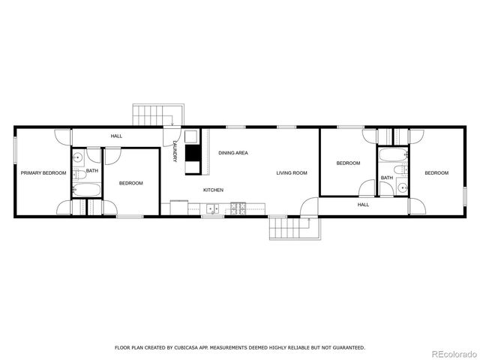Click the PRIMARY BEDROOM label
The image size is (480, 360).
43,173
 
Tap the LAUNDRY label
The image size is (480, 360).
174,151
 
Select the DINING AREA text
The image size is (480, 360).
233,153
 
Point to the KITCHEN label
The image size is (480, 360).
213,190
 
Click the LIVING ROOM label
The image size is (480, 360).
292,173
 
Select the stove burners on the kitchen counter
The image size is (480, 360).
239,206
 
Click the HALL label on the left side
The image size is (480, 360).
116,136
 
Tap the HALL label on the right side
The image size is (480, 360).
363,204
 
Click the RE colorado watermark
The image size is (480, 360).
451,353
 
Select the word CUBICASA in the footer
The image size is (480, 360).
194,347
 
